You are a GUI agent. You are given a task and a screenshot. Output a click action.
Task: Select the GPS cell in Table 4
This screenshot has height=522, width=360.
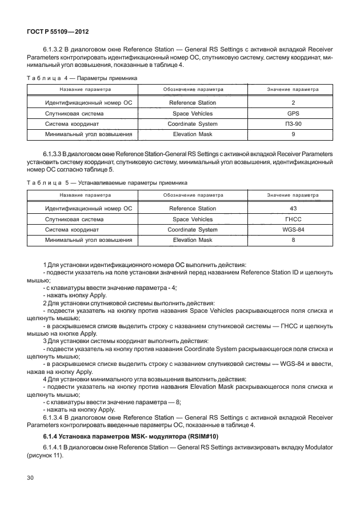pos(293,114)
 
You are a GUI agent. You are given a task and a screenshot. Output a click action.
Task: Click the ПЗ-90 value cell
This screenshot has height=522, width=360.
pos(293,124)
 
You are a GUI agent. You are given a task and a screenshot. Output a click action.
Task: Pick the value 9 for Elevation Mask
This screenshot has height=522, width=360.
pos(293,134)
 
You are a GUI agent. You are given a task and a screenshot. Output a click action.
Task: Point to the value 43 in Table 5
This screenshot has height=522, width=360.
pos(293,209)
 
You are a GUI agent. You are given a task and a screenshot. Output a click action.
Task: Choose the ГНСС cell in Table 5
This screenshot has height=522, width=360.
pos(293,219)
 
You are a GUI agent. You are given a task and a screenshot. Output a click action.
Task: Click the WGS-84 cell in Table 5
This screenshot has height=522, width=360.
pos(293,229)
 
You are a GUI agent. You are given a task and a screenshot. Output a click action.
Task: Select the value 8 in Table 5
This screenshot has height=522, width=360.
pos(293,240)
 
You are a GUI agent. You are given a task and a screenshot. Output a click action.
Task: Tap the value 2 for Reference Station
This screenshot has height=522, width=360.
pos(293,103)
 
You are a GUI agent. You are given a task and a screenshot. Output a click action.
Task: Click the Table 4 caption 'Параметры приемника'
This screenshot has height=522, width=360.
pos(106,78)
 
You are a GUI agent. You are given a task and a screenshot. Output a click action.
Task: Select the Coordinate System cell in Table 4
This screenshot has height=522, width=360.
pos(193,124)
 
